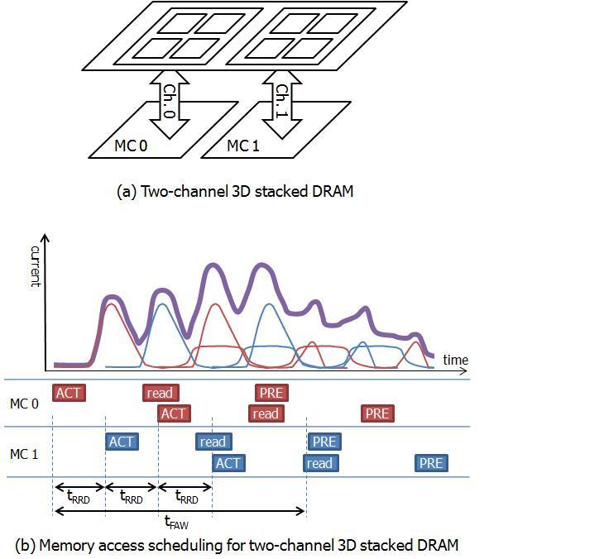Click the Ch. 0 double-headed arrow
pos(170,104)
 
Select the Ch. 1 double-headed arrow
pos(282,104)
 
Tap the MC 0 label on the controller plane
pos(131,146)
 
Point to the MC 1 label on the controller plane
pos(243,146)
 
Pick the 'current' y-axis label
pos(36,266)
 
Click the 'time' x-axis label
pos(456,360)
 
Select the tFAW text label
pos(176,523)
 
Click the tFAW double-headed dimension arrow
pos(180,511)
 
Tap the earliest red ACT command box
pos(69,393)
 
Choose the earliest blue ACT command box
pos(122,442)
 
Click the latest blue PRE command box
pos(431,463)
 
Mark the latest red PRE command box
pos(377,413)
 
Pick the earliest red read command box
pos(161,393)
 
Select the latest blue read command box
pos(320,463)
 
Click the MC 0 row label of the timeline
pos(24,404)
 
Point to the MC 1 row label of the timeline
pos(24,454)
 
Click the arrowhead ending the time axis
pos(464,371)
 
